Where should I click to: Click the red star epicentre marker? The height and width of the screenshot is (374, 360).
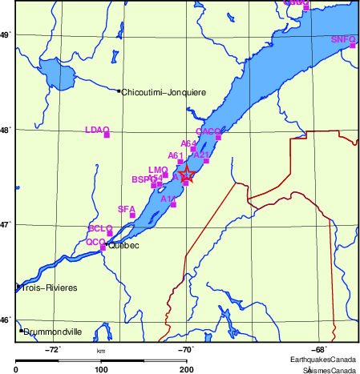click(x=186, y=172)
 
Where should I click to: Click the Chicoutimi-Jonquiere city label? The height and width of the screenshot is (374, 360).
click(x=164, y=93)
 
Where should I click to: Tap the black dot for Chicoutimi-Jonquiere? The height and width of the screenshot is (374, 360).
click(x=119, y=91)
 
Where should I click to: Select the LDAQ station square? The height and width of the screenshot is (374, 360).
click(x=106, y=135)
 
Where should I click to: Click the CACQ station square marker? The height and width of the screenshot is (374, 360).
click(x=218, y=137)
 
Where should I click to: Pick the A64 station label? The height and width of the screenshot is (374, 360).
click(x=189, y=143)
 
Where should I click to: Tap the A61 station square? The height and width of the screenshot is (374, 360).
click(x=180, y=162)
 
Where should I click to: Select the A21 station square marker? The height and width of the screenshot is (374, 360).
click(x=206, y=161)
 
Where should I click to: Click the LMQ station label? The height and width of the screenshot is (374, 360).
click(x=158, y=170)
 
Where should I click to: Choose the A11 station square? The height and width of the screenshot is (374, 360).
click(x=173, y=204)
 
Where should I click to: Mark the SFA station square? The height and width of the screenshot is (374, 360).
click(x=132, y=215)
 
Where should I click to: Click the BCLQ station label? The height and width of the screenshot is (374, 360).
click(x=99, y=228)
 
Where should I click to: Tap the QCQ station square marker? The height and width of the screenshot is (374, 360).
click(x=103, y=247)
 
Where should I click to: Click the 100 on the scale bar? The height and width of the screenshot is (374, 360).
click(x=101, y=369)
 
